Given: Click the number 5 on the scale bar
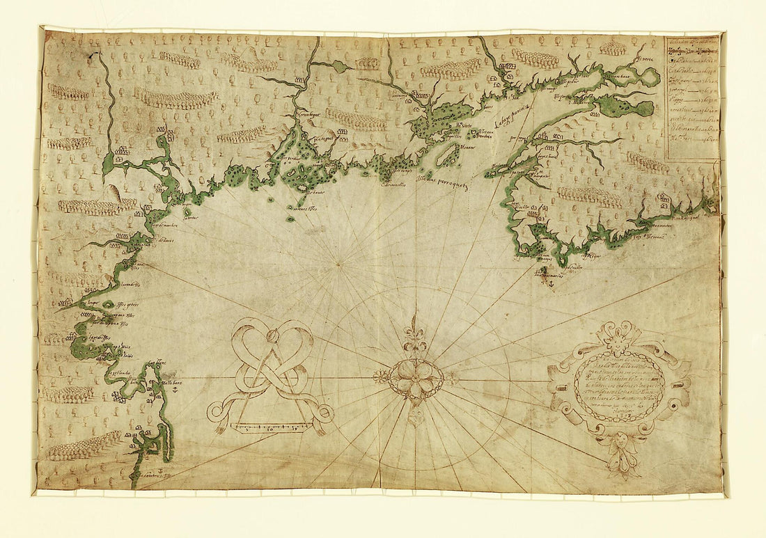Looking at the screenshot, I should click(x=248, y=427).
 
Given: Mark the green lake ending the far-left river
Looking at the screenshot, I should click(x=107, y=166).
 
